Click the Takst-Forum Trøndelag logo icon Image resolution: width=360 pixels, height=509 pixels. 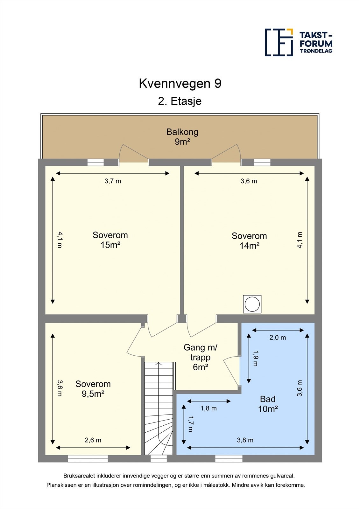(279, 42)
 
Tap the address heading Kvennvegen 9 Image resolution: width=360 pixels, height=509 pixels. (180, 84)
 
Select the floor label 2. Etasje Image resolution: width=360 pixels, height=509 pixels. (180, 101)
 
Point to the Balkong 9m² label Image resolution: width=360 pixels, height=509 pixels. (182, 136)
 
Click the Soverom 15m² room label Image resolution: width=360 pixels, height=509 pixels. (110, 240)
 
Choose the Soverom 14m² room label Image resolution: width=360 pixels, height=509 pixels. (249, 241)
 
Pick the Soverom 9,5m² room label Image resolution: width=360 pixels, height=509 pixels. (93, 389)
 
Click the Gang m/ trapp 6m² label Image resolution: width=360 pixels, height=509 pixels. (200, 357)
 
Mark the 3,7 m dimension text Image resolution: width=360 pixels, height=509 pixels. (113, 181)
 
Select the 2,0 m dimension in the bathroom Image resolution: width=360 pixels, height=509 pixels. (278, 338)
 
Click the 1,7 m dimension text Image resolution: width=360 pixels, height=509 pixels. (190, 424)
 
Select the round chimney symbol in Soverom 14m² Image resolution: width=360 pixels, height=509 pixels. (252, 304)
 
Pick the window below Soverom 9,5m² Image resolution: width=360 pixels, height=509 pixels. (88, 458)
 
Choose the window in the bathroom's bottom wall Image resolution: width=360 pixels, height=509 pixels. (229, 458)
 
